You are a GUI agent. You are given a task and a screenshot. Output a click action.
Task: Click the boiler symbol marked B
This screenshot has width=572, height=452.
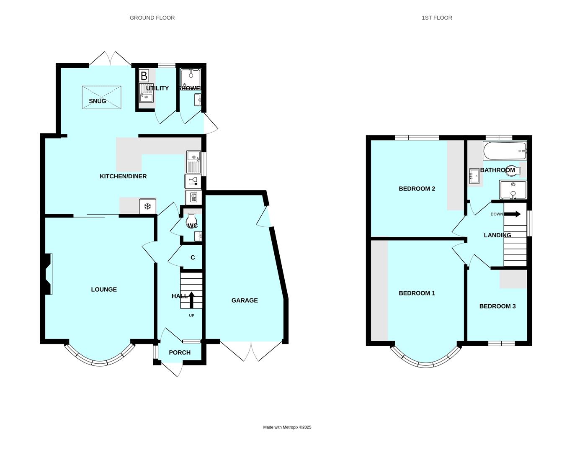(x=144, y=76)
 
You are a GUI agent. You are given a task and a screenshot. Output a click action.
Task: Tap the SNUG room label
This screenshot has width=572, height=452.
(x=98, y=101)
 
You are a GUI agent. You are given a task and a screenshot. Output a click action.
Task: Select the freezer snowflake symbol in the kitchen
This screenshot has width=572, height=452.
(x=147, y=206)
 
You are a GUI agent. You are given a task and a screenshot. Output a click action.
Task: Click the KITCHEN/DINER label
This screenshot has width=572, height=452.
(x=123, y=176)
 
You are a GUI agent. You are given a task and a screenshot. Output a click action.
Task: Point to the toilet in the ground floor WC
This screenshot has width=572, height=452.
(x=192, y=220)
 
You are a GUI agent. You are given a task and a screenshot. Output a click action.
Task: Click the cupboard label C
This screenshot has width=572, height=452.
(x=193, y=257)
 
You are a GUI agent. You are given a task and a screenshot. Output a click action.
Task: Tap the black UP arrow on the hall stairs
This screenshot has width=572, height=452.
(x=191, y=300)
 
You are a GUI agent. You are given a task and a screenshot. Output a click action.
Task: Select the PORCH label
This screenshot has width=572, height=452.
(x=180, y=353)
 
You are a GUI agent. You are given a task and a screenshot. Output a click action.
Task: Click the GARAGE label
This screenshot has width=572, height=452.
(x=245, y=300)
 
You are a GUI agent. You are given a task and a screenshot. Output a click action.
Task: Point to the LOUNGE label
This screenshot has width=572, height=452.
(x=104, y=290)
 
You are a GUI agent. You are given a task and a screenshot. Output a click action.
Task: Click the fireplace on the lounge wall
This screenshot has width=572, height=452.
(x=48, y=274)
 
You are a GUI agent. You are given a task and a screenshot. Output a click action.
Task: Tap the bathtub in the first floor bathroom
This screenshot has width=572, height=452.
(x=505, y=151)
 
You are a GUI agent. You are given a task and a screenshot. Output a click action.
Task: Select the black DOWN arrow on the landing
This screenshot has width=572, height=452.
(x=512, y=214)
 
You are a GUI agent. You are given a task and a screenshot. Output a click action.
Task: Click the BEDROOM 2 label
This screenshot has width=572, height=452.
(x=417, y=189)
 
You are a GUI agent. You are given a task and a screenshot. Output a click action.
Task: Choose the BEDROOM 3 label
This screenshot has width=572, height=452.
(x=497, y=306)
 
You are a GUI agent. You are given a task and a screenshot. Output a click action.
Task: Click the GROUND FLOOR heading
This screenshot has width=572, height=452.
(x=152, y=18)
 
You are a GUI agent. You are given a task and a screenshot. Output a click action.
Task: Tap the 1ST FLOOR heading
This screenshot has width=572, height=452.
(x=437, y=18)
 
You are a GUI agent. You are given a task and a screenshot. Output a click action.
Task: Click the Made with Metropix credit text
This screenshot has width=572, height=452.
(x=287, y=427)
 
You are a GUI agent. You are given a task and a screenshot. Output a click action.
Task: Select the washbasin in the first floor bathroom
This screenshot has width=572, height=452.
(x=474, y=176)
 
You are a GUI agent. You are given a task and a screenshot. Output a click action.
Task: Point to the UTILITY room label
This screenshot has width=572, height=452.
(x=157, y=88)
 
